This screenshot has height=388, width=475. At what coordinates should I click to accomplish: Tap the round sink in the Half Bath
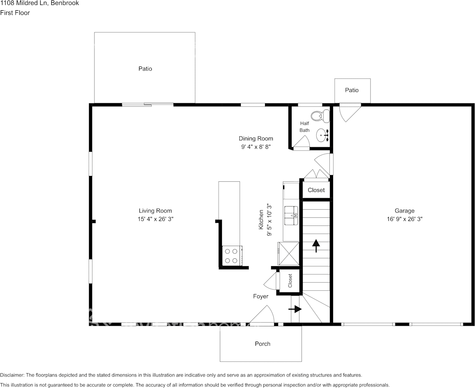[x=322, y=135]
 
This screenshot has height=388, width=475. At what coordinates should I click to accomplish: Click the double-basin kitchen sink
[x=292, y=215]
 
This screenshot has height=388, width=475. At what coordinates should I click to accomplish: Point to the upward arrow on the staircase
[x=316, y=245]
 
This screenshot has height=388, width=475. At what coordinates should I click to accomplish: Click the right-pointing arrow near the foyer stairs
[x=295, y=309]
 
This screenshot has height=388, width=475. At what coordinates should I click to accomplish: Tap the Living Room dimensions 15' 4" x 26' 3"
[x=155, y=219]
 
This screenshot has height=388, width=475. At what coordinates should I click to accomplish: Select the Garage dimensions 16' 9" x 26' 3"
[x=404, y=219]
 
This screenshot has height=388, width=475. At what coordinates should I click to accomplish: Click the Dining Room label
[x=256, y=139]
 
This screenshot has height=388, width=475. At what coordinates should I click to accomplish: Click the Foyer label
[x=260, y=297]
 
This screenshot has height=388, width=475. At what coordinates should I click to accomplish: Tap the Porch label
[x=263, y=344]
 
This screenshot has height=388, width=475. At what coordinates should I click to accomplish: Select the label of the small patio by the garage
[x=352, y=90]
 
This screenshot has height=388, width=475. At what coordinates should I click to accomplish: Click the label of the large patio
[x=145, y=69]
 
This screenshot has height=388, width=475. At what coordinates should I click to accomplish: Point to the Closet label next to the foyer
[x=290, y=281]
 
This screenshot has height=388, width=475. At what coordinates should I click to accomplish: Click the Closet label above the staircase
[x=316, y=190]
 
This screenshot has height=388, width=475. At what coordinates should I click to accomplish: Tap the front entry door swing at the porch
[x=264, y=316]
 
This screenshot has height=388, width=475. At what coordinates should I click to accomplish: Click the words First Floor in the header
[x=15, y=13]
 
